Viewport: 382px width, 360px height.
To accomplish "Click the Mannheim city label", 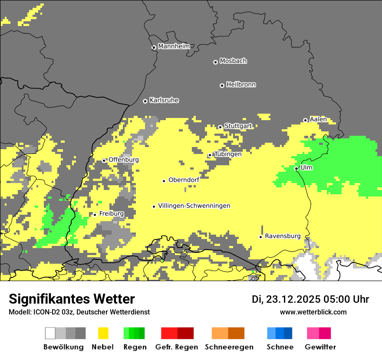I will click(x=174, y=46).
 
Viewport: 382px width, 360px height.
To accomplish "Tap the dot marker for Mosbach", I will click(x=215, y=62).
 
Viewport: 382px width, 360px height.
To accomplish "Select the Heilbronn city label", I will click(x=241, y=85).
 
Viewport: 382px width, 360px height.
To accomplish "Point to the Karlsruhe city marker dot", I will click(x=145, y=101).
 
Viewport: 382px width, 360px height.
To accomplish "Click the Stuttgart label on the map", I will click(x=238, y=126).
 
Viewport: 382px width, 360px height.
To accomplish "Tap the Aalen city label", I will click(x=318, y=119).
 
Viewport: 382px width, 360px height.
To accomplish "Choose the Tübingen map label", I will click(x=227, y=154).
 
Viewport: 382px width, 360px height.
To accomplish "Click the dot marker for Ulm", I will click(x=296, y=168).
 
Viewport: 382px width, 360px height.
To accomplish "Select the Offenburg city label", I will click(x=123, y=160).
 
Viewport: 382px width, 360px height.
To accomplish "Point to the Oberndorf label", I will click(x=184, y=180).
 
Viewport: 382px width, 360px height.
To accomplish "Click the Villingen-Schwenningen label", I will click(x=194, y=206).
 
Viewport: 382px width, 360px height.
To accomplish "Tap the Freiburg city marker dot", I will click(x=95, y=215).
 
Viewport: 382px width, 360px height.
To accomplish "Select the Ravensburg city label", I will click(x=283, y=236).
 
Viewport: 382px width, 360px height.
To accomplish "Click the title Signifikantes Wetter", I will click(x=72, y=299).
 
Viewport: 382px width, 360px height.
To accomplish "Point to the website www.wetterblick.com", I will click(x=313, y=312).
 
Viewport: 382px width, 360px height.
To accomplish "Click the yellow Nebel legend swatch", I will click(x=103, y=333).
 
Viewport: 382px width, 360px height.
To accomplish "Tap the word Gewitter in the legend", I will click(x=320, y=347).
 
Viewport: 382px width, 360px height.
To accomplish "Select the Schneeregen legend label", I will click(x=229, y=347).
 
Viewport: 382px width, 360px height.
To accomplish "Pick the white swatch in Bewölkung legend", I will click(x=50, y=333).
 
